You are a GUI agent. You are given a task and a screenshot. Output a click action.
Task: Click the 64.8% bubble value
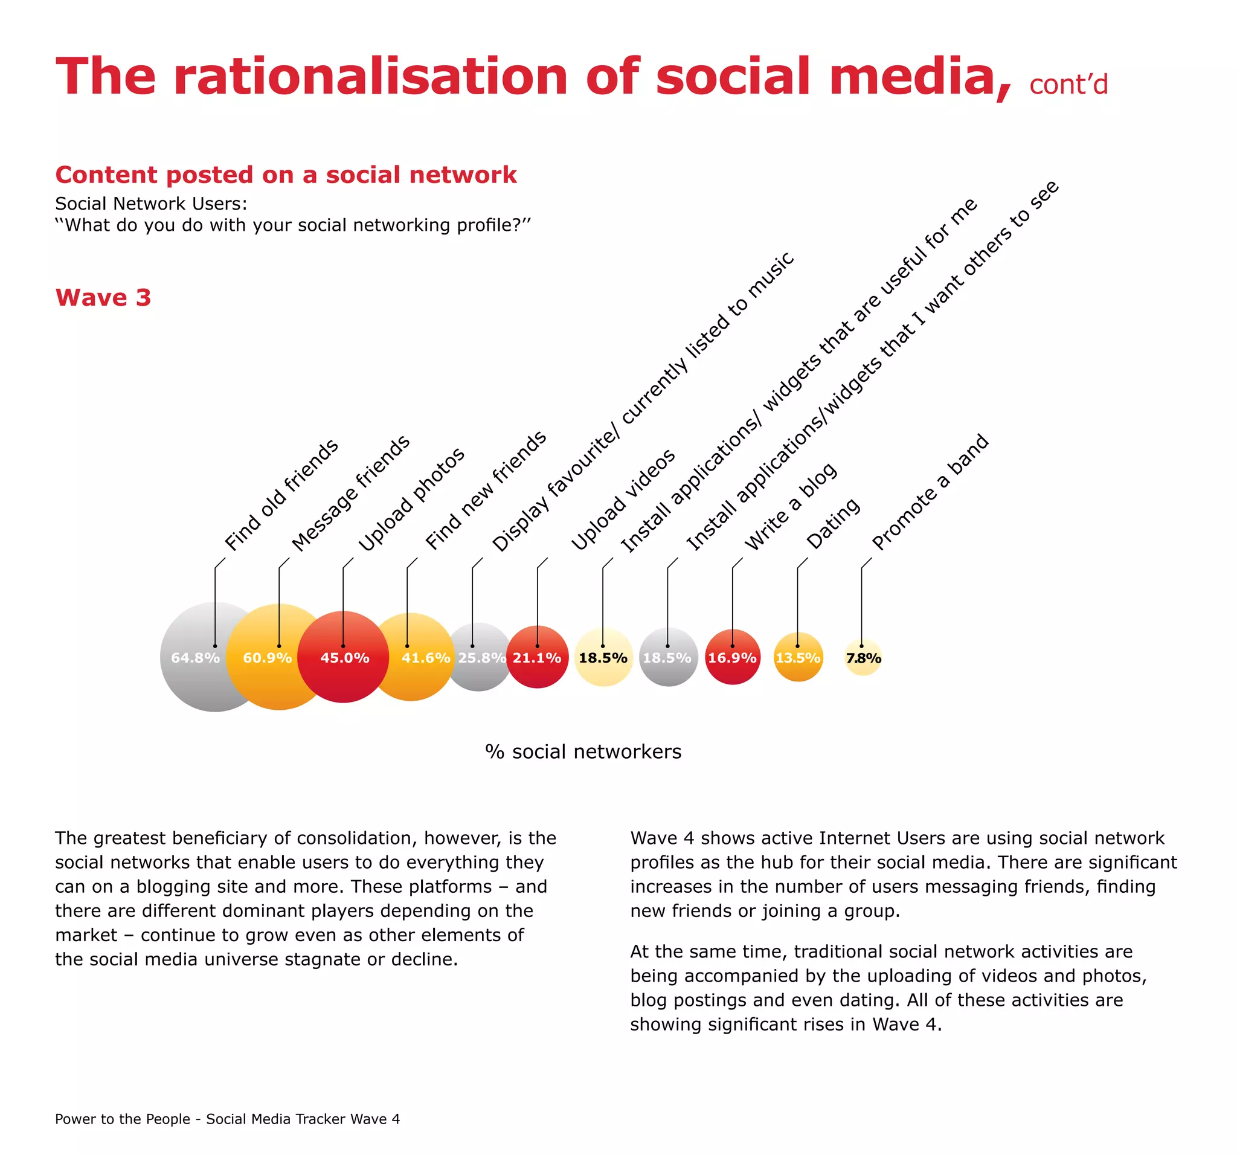pos(194,658)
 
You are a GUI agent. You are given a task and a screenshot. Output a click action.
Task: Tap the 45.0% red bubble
pos(344,657)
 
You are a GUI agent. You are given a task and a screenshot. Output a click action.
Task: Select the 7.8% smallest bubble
pos(863,658)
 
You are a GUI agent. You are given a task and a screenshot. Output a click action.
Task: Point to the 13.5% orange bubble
pos(798,657)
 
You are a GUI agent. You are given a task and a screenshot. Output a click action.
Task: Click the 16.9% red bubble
pos(733,657)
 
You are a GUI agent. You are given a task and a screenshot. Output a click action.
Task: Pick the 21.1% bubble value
pos(537,658)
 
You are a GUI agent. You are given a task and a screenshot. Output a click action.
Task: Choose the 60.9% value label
pos(267,658)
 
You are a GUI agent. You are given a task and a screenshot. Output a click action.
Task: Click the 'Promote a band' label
pos(930,492)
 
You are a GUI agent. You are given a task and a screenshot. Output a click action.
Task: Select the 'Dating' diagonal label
pos(832,523)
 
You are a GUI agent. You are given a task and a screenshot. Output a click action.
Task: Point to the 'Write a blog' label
pos(790,507)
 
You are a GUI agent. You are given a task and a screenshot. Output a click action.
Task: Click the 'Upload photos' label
pos(411,499)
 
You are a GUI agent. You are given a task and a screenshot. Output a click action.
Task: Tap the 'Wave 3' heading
pos(103,297)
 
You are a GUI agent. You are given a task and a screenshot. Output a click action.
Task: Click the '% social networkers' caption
pos(583,751)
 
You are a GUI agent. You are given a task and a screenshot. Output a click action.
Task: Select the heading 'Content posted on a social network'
pos(286,175)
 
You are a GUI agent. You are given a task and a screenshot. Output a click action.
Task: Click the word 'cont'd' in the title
pos(1068,85)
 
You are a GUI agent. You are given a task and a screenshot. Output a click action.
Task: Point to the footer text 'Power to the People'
pos(123,1119)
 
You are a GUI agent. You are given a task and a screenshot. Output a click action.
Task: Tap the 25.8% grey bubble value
pos(481,658)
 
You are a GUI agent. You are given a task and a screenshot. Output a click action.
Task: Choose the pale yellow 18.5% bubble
pos(603,657)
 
